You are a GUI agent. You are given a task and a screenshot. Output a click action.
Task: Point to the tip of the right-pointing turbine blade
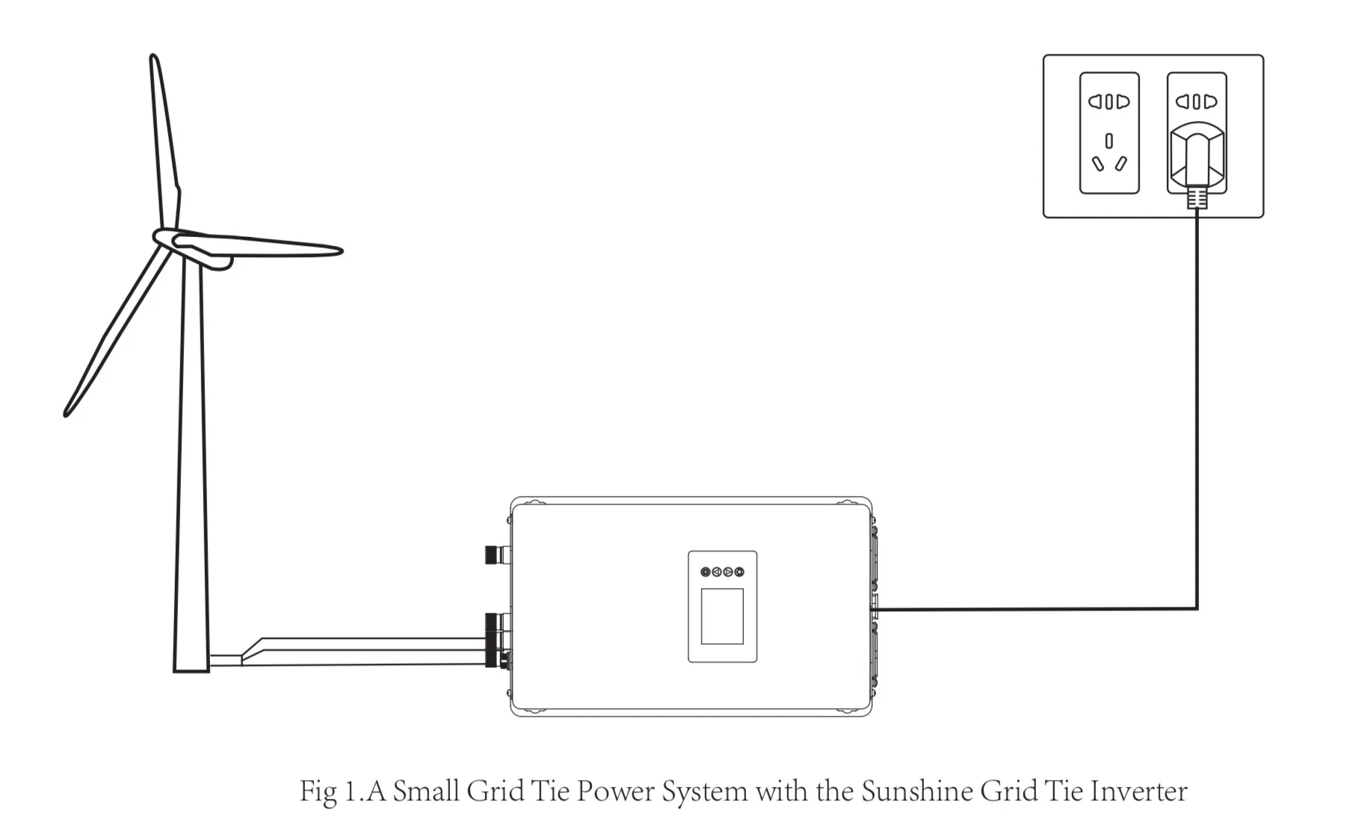339,251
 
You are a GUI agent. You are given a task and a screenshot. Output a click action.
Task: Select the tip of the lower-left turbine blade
67,412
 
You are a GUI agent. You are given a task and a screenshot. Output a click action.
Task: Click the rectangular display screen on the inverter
722,616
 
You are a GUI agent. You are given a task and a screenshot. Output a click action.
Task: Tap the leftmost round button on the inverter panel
706,572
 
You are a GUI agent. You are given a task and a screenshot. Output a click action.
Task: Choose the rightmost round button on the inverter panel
739,572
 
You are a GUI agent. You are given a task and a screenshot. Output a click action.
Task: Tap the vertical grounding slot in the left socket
1109,140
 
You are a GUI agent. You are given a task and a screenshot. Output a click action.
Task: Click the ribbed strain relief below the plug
1197,198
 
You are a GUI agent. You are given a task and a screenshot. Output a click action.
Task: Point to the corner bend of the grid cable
1197,608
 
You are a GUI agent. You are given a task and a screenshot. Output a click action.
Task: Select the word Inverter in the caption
1138,791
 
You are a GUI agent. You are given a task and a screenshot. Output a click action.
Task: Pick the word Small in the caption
425,791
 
